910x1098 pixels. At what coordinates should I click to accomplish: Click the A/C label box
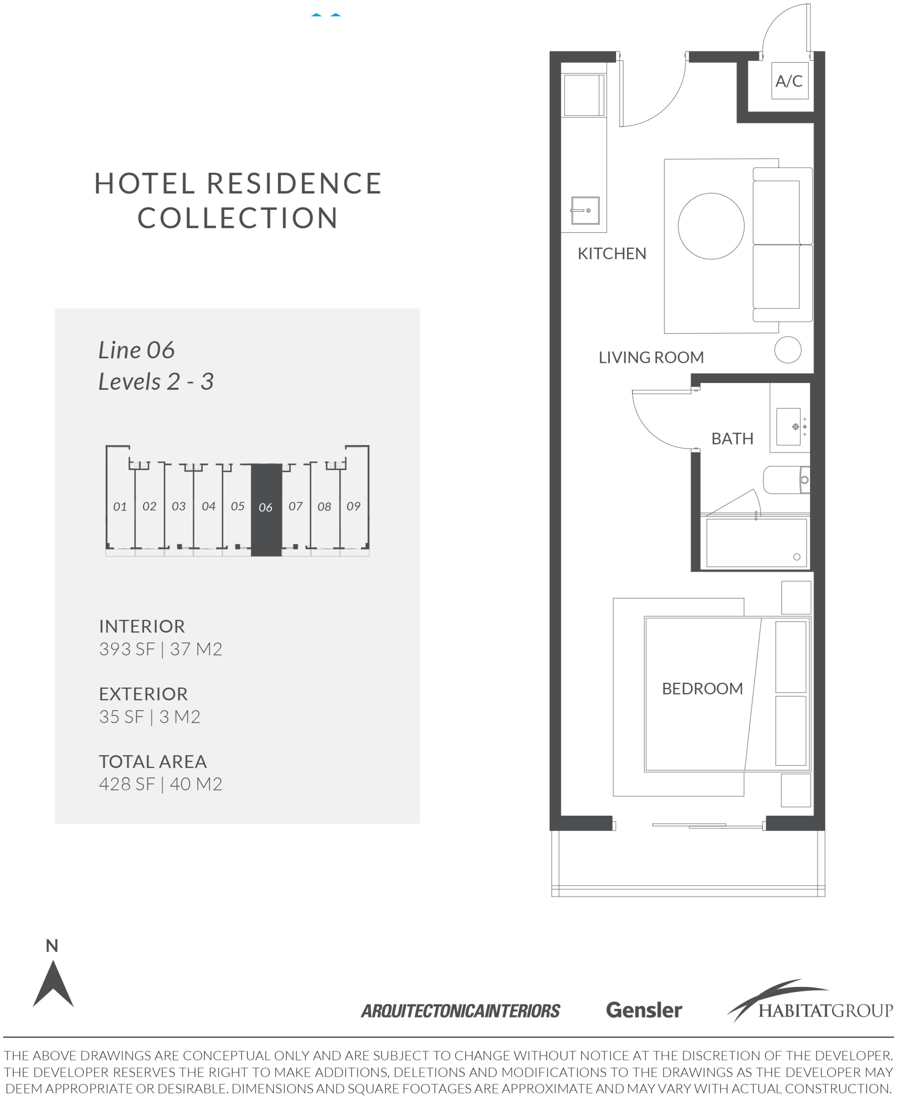[790, 81]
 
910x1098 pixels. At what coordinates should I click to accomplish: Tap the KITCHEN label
[612, 253]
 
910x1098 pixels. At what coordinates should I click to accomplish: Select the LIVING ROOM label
[651, 358]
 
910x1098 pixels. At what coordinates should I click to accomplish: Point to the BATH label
[732, 439]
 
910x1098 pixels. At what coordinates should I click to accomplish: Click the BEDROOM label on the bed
[702, 688]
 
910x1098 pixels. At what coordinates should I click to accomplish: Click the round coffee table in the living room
[711, 226]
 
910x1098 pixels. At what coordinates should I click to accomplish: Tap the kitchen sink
[585, 210]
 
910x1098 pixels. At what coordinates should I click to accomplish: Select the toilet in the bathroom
[786, 480]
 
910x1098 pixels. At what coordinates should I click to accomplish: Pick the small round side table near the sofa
[788, 350]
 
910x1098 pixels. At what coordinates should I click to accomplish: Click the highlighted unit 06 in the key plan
[266, 510]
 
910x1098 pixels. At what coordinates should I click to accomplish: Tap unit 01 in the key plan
[120, 506]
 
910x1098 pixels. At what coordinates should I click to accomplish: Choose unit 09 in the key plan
[354, 506]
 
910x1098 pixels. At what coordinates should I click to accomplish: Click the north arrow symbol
[53, 986]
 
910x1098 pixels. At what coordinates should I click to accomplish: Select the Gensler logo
[644, 1010]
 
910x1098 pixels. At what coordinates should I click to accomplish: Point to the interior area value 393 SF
[127, 649]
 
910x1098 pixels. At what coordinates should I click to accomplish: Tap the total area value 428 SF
[127, 784]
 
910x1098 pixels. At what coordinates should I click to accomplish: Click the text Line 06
[136, 350]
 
